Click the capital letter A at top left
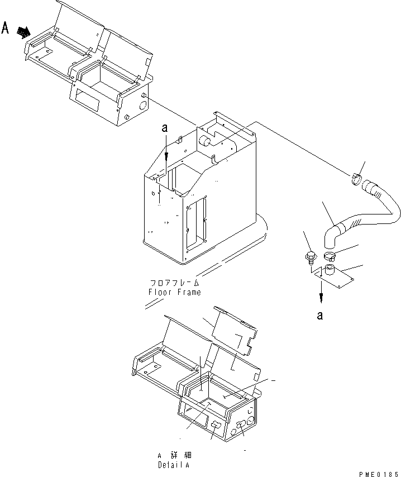click(x=6, y=27)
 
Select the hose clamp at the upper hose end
click(x=356, y=179)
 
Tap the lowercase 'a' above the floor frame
click(x=165, y=128)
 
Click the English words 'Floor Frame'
click(x=174, y=292)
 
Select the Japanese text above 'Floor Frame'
click(x=174, y=283)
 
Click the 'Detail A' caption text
click(x=174, y=465)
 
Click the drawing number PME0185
click(x=379, y=473)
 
